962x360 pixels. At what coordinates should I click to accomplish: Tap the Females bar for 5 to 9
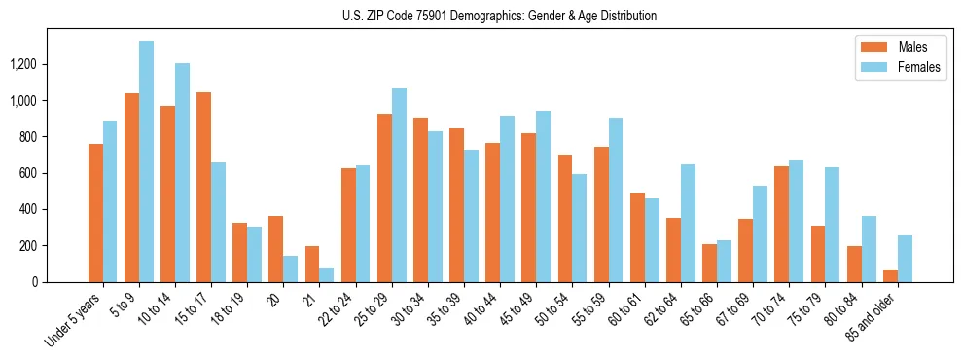(146, 162)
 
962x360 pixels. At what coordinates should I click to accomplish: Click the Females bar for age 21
(327, 274)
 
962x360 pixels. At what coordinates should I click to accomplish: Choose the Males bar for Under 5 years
(95, 213)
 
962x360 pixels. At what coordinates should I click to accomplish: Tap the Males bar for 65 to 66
(709, 263)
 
